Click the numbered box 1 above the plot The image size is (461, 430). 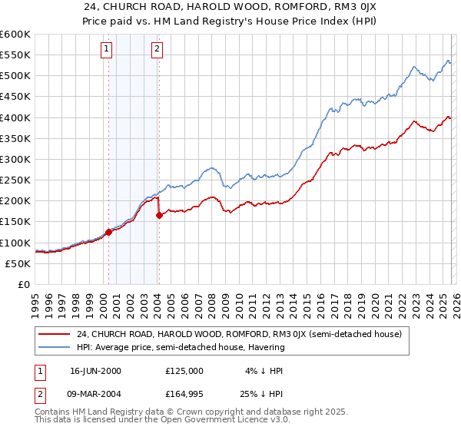click(106, 50)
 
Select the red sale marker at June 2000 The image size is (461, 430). click(108, 232)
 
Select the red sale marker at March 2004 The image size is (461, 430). click(159, 216)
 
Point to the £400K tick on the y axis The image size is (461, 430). click(17, 118)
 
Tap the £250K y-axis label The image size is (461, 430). click(17, 180)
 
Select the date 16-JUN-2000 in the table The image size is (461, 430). click(95, 370)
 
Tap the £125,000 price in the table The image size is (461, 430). click(184, 370)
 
